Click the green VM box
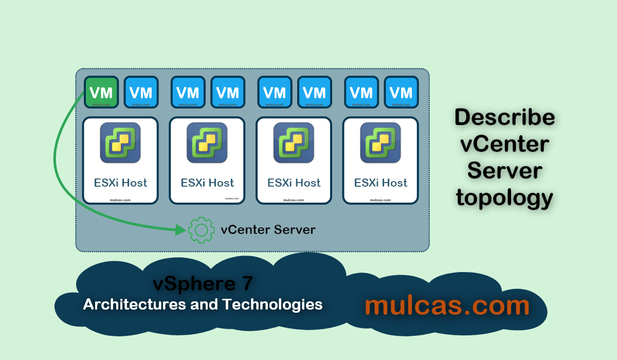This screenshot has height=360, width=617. point(101,93)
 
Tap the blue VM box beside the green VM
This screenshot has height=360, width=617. point(141,93)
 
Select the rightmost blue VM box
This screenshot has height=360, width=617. point(401,93)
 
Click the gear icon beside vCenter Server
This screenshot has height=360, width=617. point(202,230)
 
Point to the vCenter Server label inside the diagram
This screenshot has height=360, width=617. point(268,229)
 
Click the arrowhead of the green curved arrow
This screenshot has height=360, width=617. point(180,230)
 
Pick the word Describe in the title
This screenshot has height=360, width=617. point(504,118)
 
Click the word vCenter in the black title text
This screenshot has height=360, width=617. point(504,144)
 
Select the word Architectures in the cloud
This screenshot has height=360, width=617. point(135,304)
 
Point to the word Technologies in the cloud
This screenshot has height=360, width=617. point(273,304)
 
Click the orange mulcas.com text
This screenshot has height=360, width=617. point(447,305)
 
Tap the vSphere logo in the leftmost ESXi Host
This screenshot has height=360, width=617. point(120,143)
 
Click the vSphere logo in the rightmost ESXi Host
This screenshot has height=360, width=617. point(381,143)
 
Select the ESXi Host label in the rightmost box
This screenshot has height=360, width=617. point(381,183)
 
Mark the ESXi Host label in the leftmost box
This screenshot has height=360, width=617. point(120,183)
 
